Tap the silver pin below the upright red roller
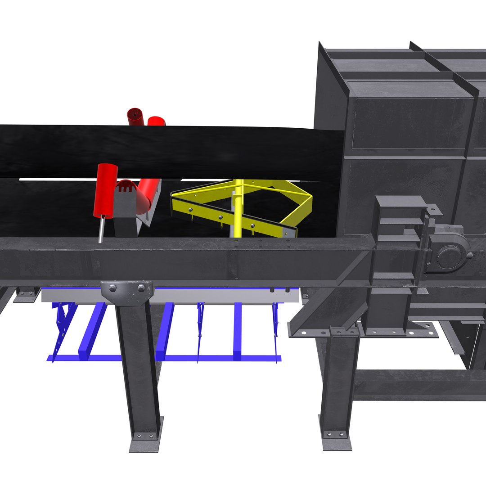(x=102, y=229)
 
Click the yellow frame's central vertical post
(x=238, y=207)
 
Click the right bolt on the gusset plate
(x=141, y=288)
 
